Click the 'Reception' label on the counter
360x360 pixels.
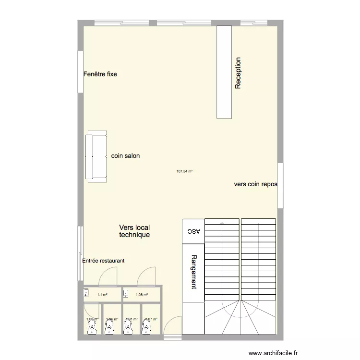238,73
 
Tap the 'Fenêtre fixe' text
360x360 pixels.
100,74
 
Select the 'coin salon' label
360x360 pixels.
125,156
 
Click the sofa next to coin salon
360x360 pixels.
96,157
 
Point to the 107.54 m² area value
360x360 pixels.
184,171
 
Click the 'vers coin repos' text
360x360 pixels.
255,184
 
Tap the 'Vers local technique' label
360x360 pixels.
134,231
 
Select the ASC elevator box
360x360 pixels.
193,231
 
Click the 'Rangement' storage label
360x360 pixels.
193,271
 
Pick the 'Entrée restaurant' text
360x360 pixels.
103,261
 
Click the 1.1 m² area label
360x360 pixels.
102,295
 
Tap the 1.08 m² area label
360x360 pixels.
142,295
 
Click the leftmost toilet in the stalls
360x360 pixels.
92,327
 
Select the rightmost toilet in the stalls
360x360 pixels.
146,327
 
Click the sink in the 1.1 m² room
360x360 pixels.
86,292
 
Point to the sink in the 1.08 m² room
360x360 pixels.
126,292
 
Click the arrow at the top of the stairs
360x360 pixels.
222,223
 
